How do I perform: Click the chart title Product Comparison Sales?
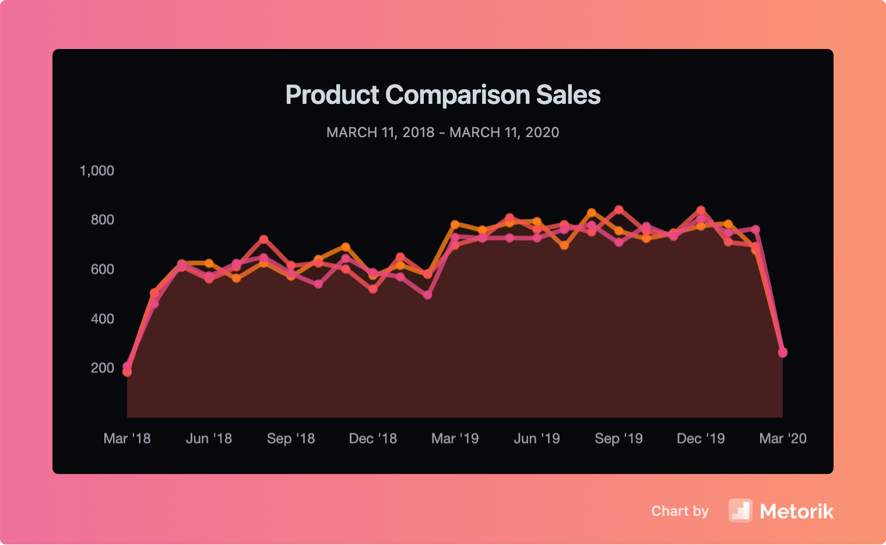coord(443,95)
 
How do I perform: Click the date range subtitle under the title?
coord(443,132)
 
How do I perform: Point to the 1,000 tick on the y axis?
coord(97,170)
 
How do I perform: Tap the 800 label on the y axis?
coord(102,220)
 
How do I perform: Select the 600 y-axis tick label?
coord(102,269)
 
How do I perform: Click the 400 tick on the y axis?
coord(102,319)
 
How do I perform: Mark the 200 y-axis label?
coord(102,368)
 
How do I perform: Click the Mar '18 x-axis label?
coord(127,438)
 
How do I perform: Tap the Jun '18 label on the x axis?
coord(209,438)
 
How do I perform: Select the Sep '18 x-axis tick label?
coord(291,438)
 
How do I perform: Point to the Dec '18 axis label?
coord(373,438)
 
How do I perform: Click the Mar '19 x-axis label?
coord(455,438)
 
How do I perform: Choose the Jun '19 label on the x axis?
coord(537,438)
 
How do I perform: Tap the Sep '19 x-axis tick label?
coord(618,438)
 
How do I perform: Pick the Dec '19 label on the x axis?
coord(701,438)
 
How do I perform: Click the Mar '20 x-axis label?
coord(783,438)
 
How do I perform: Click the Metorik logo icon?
coord(740,511)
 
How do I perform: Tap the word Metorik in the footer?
coord(797,512)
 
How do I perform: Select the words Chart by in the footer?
coord(680,511)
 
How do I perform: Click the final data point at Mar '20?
coord(783,352)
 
